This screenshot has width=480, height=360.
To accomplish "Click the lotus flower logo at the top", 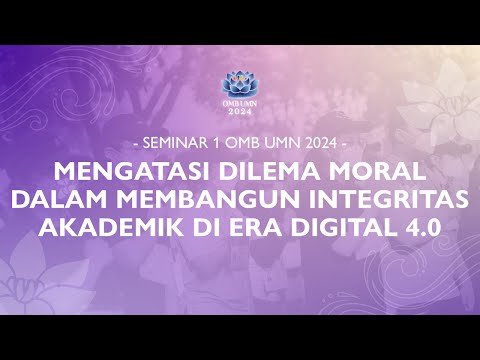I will click(x=239, y=85).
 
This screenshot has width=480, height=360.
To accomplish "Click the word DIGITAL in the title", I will click(x=326, y=227).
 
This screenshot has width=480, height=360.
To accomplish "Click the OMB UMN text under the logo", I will click(x=239, y=103).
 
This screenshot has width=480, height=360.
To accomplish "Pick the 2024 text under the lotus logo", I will click(x=239, y=112).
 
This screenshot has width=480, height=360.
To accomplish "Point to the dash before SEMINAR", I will click(x=136, y=136).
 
